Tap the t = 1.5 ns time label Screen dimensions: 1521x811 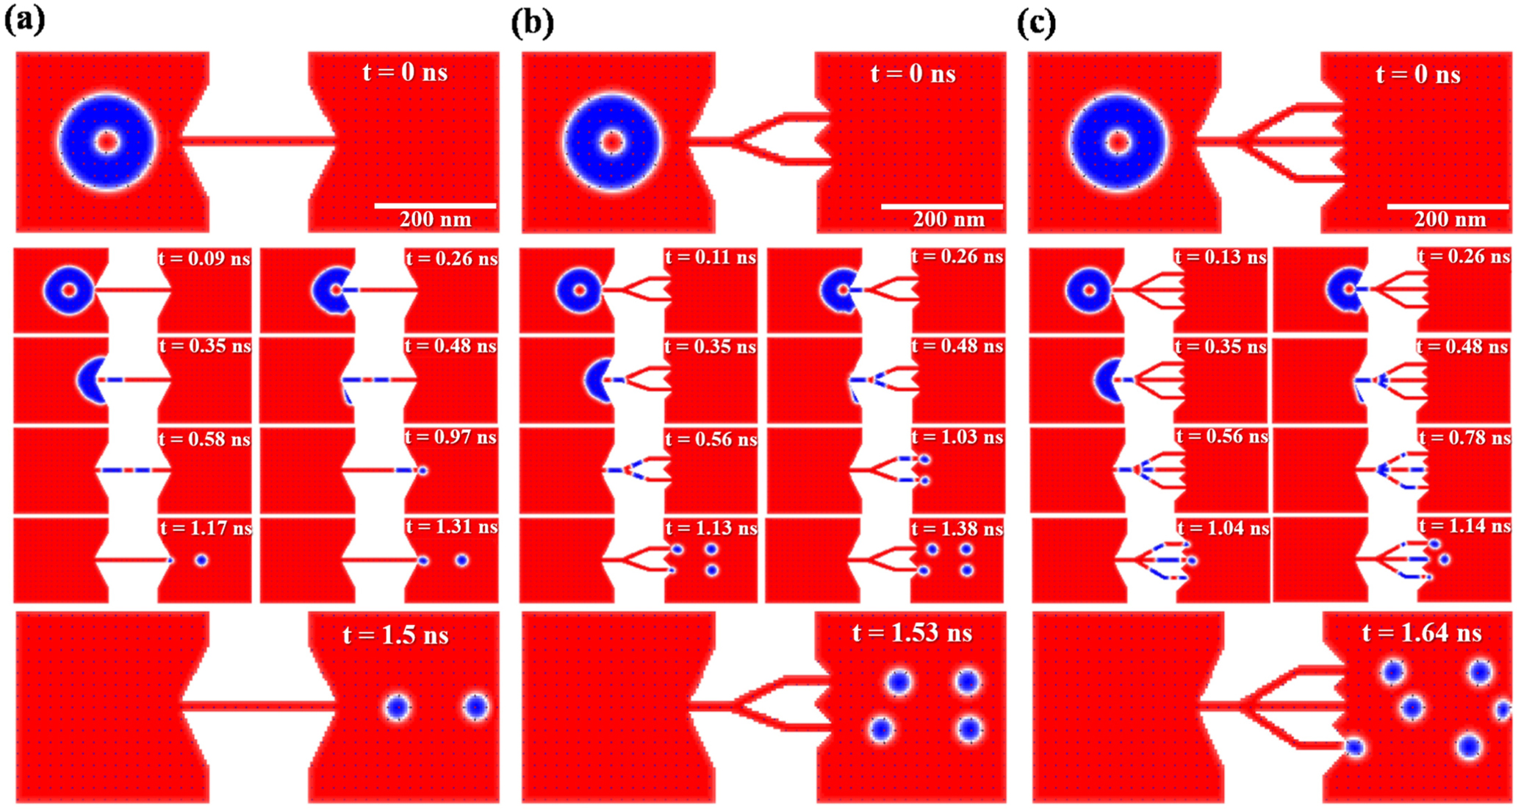(395, 635)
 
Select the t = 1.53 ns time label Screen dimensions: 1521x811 (912, 632)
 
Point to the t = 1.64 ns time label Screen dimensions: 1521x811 (1422, 632)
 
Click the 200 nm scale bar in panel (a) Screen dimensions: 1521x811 (435, 206)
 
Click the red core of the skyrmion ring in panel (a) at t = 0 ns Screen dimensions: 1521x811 (107, 142)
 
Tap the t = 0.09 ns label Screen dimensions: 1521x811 (205, 259)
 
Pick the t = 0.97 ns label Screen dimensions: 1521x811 (451, 437)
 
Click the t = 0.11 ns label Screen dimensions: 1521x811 (711, 257)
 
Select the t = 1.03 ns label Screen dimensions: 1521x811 (957, 437)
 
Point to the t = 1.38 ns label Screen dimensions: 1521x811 (957, 529)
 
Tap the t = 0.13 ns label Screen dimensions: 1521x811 (1220, 257)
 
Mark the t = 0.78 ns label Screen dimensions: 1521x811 (1464, 438)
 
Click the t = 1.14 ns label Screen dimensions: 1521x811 (1464, 526)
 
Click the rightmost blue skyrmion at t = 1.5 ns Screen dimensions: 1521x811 (476, 707)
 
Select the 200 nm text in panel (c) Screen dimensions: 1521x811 (1450, 219)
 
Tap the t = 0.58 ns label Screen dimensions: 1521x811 (205, 439)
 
